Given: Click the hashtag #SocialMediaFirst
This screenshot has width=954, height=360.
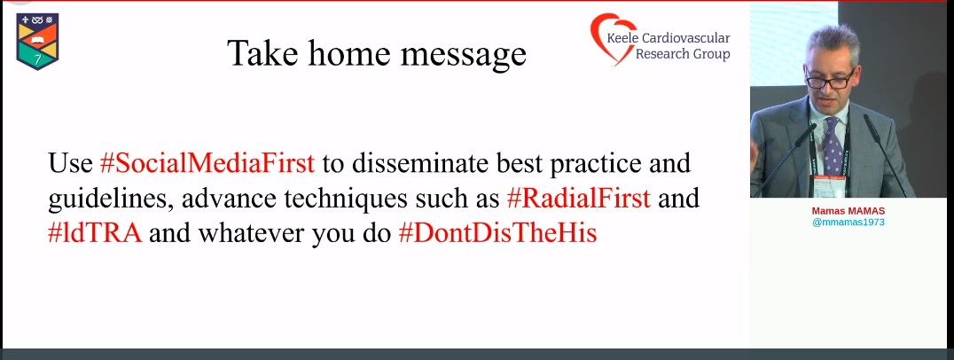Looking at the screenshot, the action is click(207, 163).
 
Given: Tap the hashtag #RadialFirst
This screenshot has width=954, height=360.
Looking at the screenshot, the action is click(579, 199).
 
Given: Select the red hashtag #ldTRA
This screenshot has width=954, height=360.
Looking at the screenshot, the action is click(95, 234).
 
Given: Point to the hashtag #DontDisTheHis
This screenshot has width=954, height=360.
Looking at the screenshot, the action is click(497, 234).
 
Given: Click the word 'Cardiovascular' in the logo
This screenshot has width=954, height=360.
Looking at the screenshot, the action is click(682, 38).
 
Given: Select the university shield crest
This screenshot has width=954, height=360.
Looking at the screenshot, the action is click(37, 42).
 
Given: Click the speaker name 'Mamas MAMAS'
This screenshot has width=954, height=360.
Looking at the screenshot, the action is click(848, 210).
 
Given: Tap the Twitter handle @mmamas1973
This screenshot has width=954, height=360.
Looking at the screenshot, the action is click(848, 223).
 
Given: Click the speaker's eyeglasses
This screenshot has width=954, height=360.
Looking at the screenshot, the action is click(830, 80).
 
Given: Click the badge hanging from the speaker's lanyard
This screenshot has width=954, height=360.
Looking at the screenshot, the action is click(829, 186).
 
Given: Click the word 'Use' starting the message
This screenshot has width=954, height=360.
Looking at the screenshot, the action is click(70, 163).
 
